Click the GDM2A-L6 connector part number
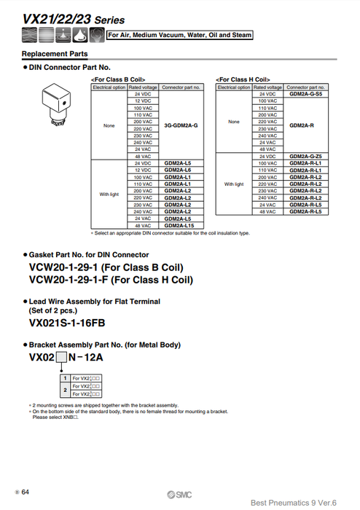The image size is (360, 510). tap(178, 170)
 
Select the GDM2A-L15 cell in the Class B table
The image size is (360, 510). tap(179, 225)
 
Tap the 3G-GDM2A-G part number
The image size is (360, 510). tap(181, 125)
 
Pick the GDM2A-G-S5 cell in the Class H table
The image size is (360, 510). tap(305, 94)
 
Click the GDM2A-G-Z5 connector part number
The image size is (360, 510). tap(305, 157)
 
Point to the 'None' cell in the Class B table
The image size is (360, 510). tap(109, 125)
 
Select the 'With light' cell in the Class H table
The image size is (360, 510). tap(234, 184)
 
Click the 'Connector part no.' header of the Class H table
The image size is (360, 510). tap(305, 87)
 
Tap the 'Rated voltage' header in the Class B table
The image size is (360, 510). tap(143, 87)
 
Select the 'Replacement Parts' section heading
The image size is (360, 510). tap(55, 54)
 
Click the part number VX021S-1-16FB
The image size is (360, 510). tap(67, 321)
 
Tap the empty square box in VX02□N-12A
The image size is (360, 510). tap(61, 357)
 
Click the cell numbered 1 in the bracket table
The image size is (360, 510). tap(64, 378)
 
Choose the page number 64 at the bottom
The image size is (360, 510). tap(25, 493)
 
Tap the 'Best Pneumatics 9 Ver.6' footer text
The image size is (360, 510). tap(300, 501)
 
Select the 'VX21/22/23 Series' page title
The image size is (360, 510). tap(64, 20)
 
